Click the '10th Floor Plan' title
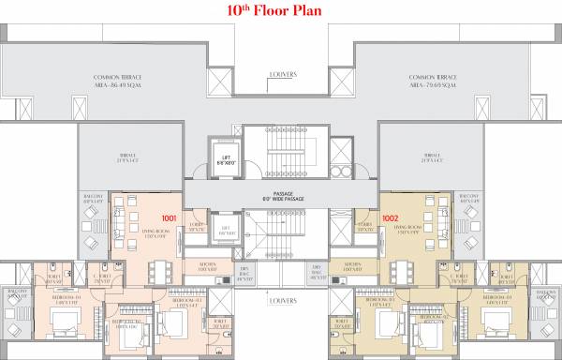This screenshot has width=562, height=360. pos(280,12)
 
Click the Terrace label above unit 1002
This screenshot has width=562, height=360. pos(432,158)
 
